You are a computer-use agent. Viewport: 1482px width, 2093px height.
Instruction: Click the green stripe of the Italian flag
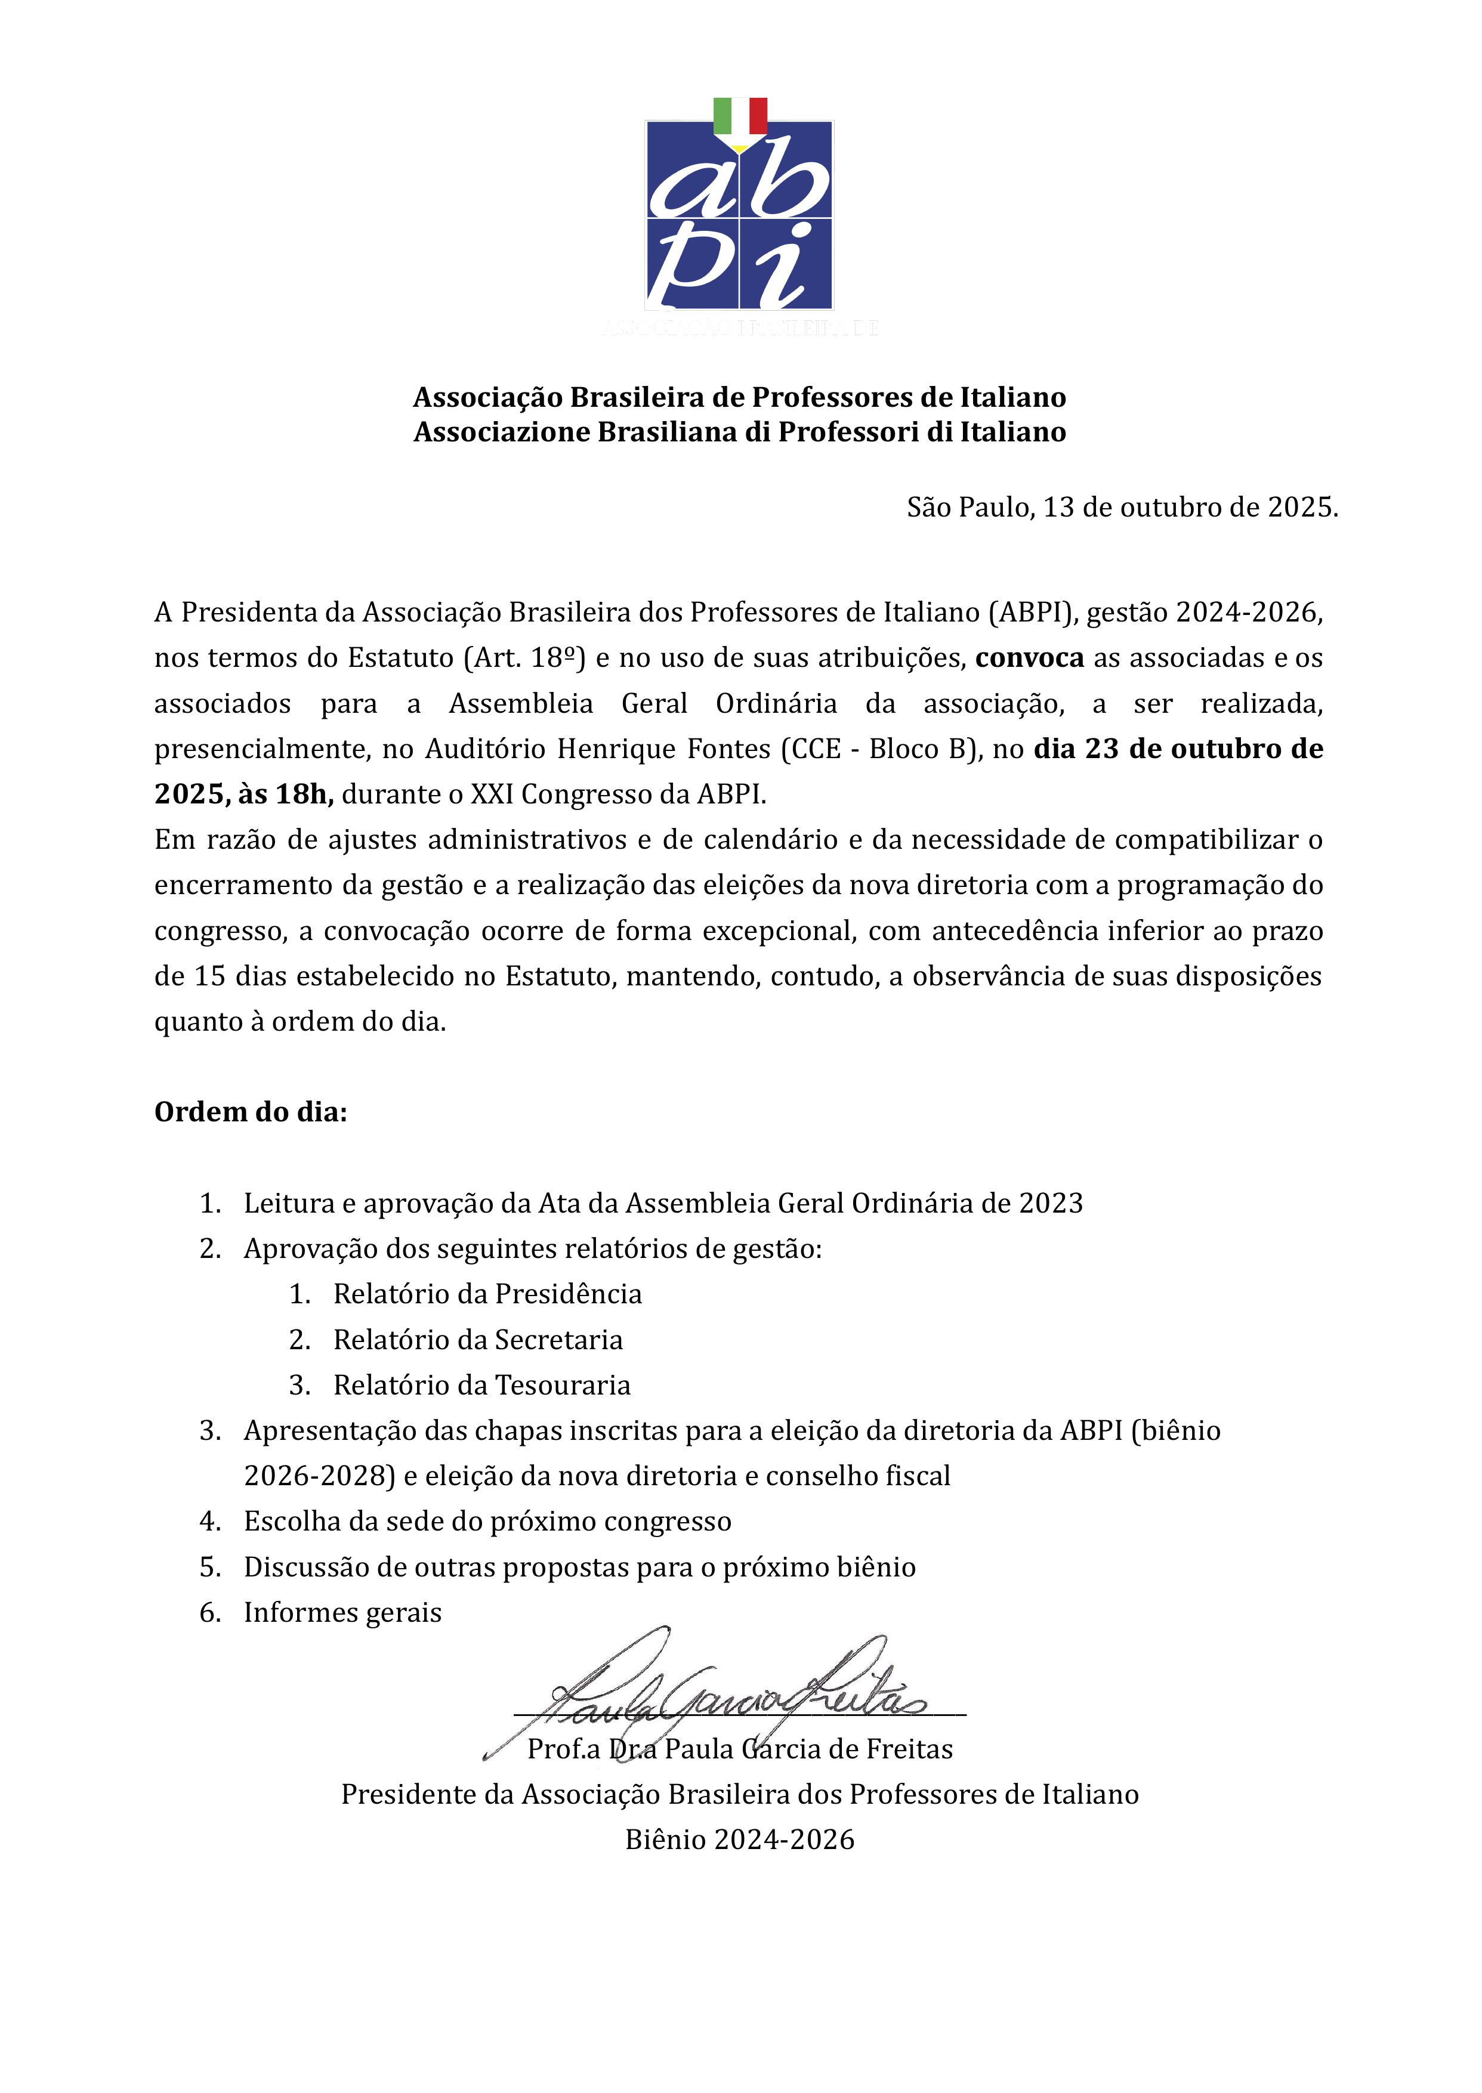pyautogui.click(x=722, y=116)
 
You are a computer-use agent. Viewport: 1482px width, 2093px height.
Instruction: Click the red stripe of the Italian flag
pyautogui.click(x=758, y=116)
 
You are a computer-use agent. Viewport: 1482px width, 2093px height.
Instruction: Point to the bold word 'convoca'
pyautogui.click(x=1029, y=658)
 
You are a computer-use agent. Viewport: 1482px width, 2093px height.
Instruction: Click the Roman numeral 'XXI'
pyautogui.click(x=493, y=794)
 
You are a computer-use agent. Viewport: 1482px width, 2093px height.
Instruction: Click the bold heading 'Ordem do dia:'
pyautogui.click(x=251, y=1112)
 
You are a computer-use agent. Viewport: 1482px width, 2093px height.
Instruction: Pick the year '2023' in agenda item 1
pyautogui.click(x=1051, y=1204)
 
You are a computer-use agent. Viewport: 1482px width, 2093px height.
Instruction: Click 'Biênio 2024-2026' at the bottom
pyautogui.click(x=740, y=1840)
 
